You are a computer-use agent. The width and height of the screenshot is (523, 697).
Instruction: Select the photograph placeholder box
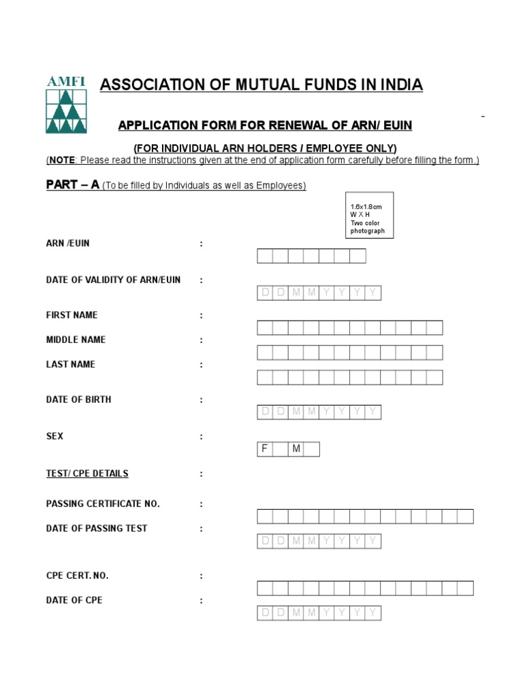369,215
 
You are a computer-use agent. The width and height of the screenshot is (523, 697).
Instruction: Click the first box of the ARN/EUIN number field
265,256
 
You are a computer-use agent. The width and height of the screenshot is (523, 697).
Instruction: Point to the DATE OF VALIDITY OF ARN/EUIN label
113,280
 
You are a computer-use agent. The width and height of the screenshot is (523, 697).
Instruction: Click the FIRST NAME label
72,315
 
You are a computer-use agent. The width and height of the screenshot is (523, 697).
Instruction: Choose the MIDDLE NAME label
76,340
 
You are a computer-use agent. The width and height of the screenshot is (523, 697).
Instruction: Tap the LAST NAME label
71,364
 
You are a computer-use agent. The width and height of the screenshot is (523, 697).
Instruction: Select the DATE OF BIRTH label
78,400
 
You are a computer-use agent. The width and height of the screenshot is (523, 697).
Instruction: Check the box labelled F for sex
281,449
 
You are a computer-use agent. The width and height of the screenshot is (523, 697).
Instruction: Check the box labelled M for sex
312,449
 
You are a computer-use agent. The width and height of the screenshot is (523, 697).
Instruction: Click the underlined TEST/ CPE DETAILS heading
87,473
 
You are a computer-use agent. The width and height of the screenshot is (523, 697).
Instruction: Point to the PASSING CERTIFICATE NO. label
103,504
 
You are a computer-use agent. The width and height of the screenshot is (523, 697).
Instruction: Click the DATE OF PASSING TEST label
97,528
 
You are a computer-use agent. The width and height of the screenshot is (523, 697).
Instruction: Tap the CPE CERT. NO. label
77,576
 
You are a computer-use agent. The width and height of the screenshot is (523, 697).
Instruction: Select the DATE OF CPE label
74,600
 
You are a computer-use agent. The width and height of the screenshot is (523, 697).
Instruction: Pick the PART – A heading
73,185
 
